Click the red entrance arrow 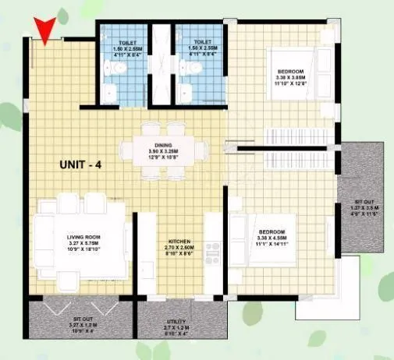pos(47,30)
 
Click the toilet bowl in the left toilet pos(116,71)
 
